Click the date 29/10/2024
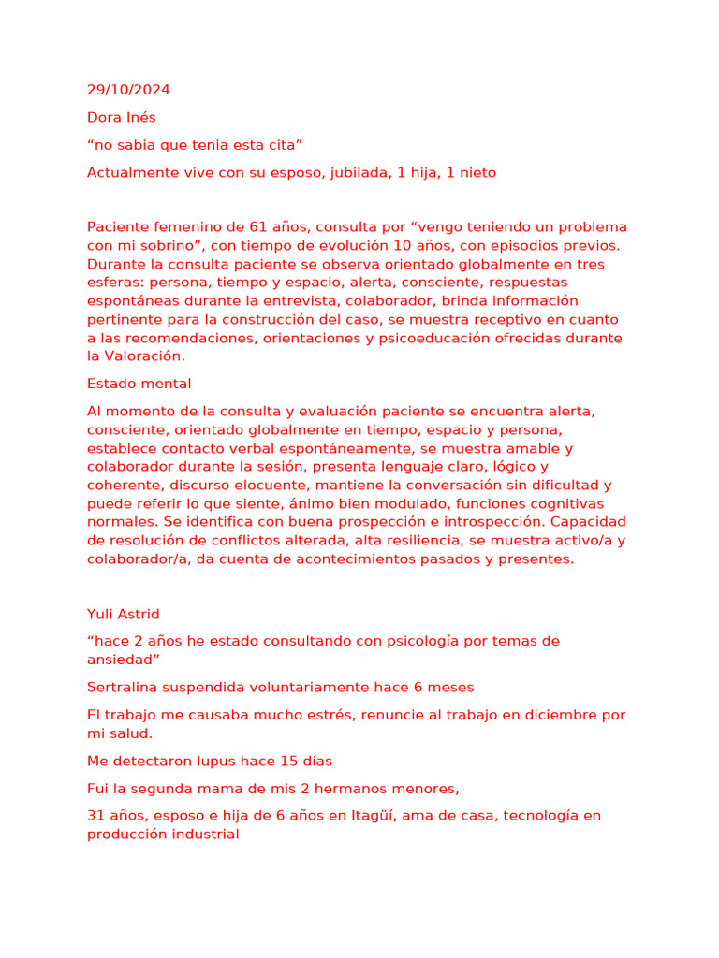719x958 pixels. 128,91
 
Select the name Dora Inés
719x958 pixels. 122,118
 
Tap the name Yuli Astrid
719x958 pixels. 124,615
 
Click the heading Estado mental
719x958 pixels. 139,384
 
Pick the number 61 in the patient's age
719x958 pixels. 259,227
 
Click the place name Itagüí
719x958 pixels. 429,816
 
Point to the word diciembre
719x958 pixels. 542,715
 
